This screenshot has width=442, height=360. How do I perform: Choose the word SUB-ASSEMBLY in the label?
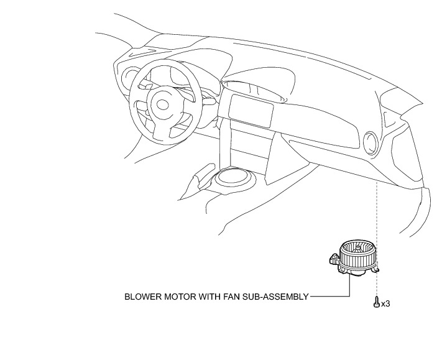pos(277,297)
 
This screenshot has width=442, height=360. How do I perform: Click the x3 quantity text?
pos(385,303)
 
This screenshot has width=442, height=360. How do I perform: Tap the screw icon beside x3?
pos(376,303)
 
